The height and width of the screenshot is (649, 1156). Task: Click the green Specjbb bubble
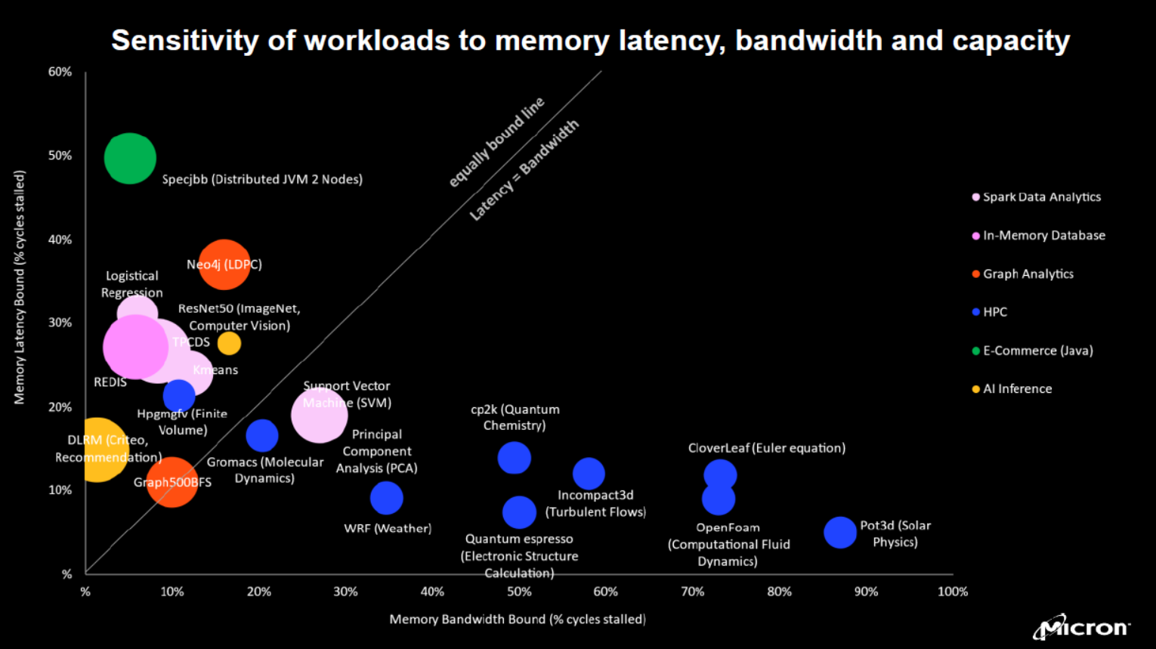click(x=130, y=159)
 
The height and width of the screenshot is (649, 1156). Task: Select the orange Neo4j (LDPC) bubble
click(x=224, y=264)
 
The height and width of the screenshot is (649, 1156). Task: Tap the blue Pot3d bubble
click(x=839, y=533)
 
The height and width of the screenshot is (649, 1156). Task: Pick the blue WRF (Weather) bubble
click(x=386, y=498)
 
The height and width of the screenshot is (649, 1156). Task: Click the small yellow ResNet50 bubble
click(x=229, y=343)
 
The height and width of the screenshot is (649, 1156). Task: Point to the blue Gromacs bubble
click(x=261, y=435)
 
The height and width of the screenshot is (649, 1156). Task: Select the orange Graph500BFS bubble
click(x=172, y=482)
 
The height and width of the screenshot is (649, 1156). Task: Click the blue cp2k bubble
click(x=514, y=458)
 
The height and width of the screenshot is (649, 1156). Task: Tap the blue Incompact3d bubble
click(x=589, y=474)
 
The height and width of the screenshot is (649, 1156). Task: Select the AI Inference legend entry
click(x=1016, y=389)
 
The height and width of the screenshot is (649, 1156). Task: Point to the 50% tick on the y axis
click(x=60, y=156)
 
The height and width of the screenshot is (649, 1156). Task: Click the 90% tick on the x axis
click(x=866, y=592)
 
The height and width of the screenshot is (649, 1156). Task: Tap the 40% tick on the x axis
click(x=432, y=592)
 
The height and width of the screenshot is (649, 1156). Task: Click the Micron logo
click(x=1081, y=627)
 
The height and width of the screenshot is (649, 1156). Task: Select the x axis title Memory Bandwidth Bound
click(x=518, y=620)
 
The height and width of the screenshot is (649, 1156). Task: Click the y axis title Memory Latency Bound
click(x=20, y=287)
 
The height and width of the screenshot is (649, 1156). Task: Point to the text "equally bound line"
click(x=496, y=142)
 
